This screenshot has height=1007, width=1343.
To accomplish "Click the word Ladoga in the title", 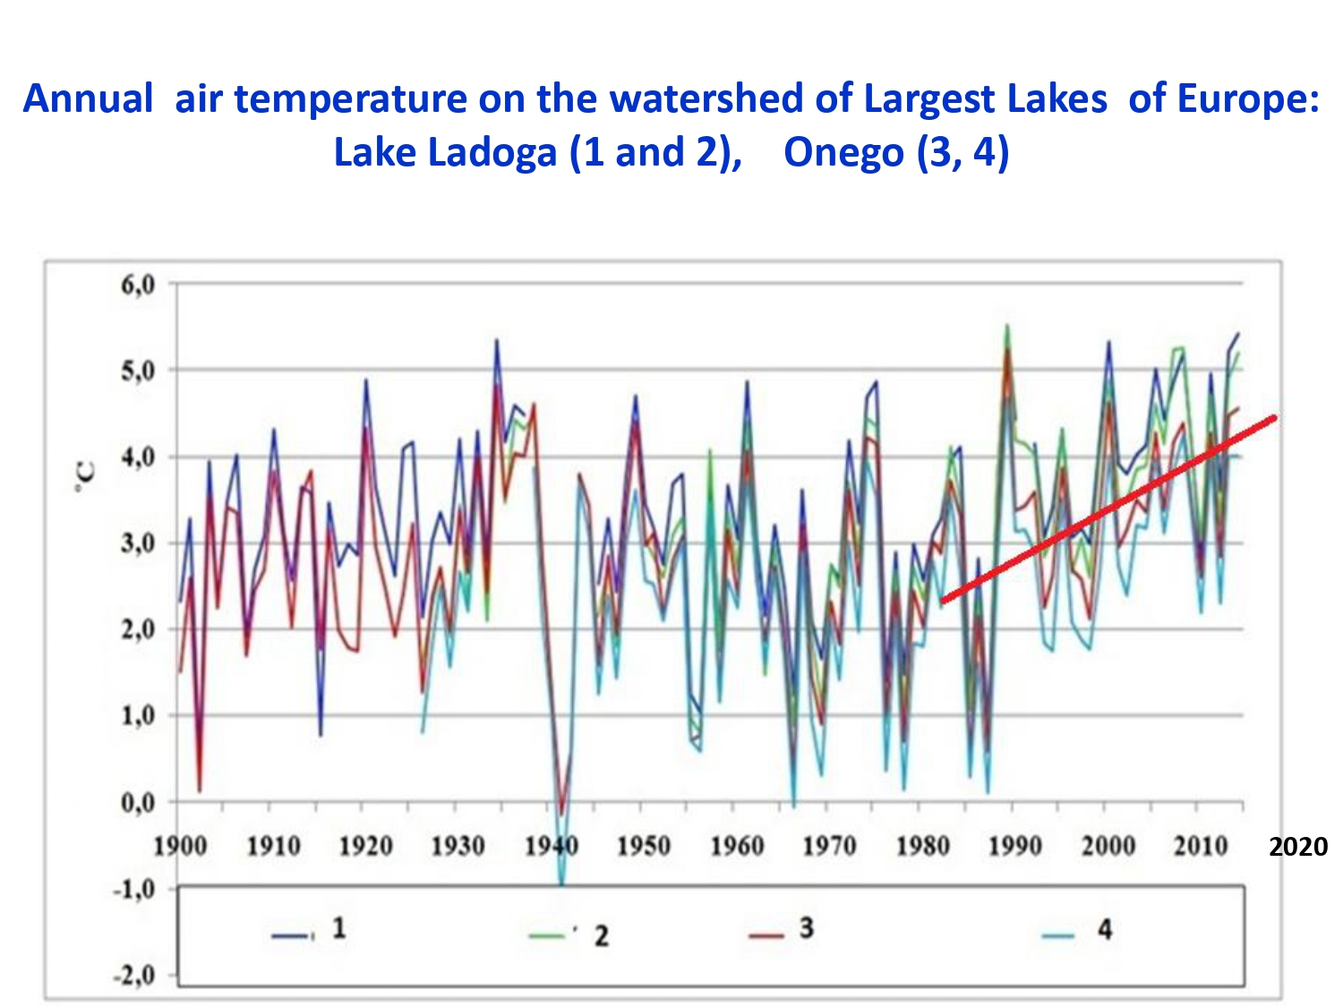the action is [492, 152].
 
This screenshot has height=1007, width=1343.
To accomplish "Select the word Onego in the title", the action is [844, 152].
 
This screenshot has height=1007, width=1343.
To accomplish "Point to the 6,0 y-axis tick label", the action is [138, 285].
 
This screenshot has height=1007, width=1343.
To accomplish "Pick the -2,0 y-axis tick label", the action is [133, 975].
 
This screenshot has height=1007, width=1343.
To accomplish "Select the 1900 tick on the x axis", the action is [180, 846].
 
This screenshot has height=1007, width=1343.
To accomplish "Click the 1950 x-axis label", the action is [644, 846].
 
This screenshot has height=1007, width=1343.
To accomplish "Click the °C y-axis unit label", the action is [86, 479].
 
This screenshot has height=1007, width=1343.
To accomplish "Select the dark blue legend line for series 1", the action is [293, 934].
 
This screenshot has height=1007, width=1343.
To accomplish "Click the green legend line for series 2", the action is [548, 934].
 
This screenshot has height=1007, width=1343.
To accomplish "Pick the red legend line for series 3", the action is [766, 935].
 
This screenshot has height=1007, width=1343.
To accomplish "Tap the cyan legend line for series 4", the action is [1058, 935].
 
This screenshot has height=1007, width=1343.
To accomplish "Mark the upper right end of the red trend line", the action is [1275, 418].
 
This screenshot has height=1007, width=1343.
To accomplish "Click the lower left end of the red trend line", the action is [943, 602].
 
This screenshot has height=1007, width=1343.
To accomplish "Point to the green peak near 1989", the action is [1007, 325].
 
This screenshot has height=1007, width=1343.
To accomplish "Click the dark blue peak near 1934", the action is [497, 340].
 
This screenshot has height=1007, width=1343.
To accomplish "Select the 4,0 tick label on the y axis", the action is [138, 457].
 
